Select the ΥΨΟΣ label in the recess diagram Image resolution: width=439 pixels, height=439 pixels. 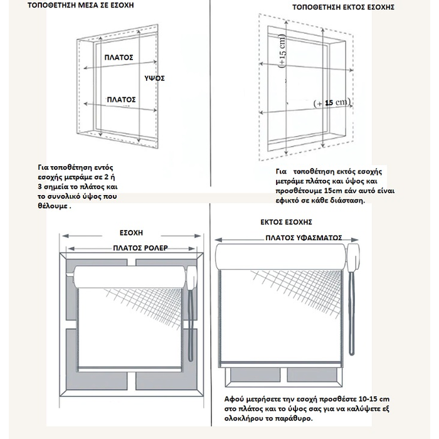tap(154, 78)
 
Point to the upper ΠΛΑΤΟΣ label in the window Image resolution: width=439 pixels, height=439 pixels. tap(119, 56)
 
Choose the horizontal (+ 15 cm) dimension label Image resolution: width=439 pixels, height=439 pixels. tap(332, 102)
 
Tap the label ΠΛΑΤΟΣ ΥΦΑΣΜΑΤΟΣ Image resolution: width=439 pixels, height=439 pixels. tap(303, 238)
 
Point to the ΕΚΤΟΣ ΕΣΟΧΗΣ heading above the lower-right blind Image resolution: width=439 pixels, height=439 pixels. tap(286, 222)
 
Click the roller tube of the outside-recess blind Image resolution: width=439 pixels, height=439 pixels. tap(282, 258)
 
